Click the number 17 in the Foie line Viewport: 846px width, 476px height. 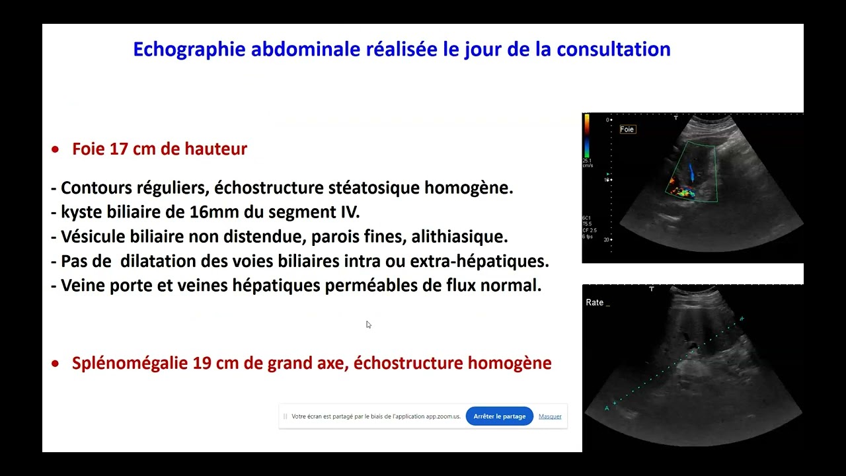[119, 149]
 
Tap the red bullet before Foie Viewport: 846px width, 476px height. [56, 150]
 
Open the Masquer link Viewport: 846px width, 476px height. [550, 416]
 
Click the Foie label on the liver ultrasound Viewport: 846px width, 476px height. [627, 130]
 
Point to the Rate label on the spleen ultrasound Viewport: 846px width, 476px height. [595, 303]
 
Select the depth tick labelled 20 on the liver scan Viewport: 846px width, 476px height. [606, 240]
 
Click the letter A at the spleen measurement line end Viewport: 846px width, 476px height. [607, 409]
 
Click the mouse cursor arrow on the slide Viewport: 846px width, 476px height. [368, 324]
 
